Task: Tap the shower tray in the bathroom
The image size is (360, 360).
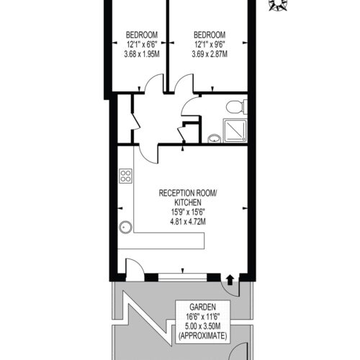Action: (235, 130)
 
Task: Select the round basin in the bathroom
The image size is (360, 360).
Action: (215, 139)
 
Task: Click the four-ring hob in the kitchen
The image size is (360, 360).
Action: (126, 176)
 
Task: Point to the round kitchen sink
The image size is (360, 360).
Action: (125, 227)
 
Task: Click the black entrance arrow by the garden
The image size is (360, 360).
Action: (230, 280)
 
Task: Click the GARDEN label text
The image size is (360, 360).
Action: (202, 307)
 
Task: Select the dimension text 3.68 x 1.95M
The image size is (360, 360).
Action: (142, 54)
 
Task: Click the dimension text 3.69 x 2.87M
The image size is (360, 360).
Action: (210, 54)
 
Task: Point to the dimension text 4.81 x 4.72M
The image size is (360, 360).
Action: (188, 221)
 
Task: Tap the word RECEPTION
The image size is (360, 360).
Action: (176, 193)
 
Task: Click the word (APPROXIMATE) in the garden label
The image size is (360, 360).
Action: (202, 336)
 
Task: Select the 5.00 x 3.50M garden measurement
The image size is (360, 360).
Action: (202, 326)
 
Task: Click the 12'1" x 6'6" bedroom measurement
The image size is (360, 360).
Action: (142, 45)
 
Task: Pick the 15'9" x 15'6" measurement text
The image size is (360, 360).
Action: (188, 212)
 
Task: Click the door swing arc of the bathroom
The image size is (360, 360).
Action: (186, 104)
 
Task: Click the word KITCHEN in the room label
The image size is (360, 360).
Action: (188, 202)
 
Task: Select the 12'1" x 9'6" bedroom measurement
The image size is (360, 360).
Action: (210, 45)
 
